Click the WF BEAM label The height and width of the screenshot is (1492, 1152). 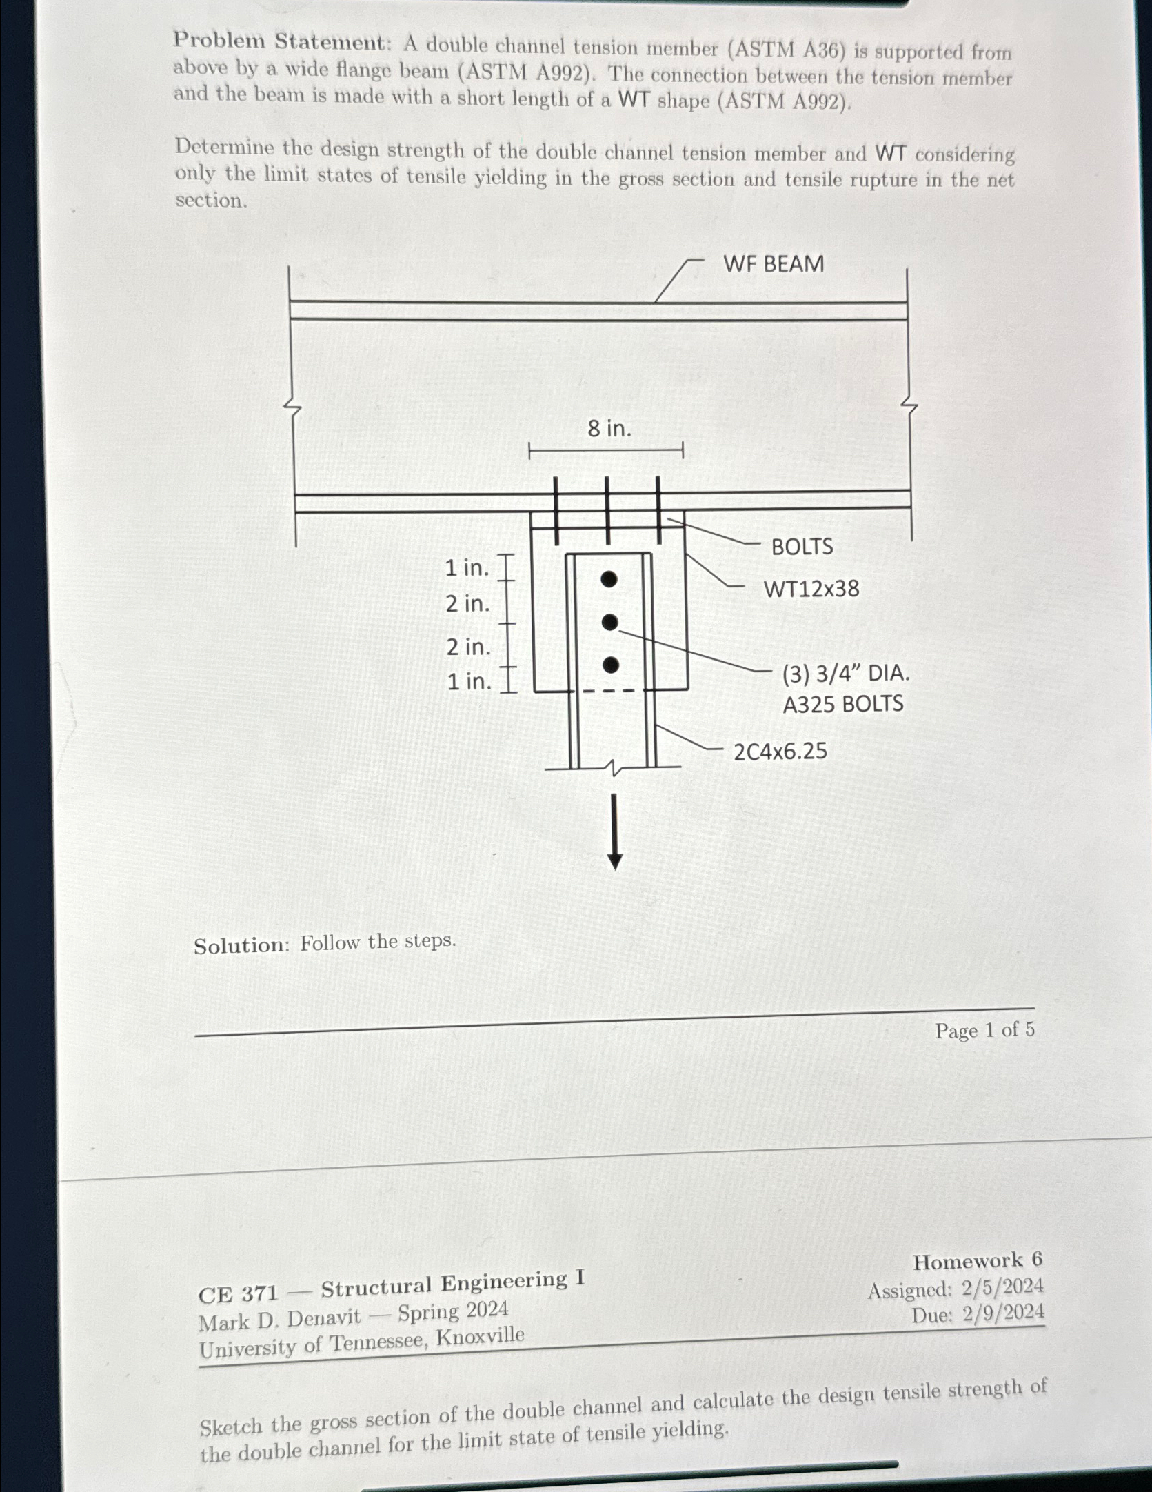[x=773, y=264]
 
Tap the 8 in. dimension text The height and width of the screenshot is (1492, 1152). [x=609, y=429]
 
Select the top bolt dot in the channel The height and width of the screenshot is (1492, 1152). [x=608, y=579]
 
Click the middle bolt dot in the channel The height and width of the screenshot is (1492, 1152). [x=609, y=623]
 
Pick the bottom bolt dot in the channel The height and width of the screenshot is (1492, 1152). [x=610, y=665]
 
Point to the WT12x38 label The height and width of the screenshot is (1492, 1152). [x=811, y=589]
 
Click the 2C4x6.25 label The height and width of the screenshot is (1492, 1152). [x=780, y=752]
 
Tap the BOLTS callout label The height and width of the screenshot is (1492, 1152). [x=802, y=547]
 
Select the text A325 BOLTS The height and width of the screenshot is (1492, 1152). [x=842, y=705]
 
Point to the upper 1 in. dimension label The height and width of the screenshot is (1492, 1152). [x=467, y=568]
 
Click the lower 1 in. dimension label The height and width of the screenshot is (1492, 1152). [x=469, y=682]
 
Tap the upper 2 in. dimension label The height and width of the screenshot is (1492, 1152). [x=467, y=604]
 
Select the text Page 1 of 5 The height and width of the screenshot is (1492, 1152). [x=984, y=1031]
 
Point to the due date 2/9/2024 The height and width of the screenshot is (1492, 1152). [x=1003, y=1313]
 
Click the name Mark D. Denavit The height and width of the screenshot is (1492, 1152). [x=279, y=1320]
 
